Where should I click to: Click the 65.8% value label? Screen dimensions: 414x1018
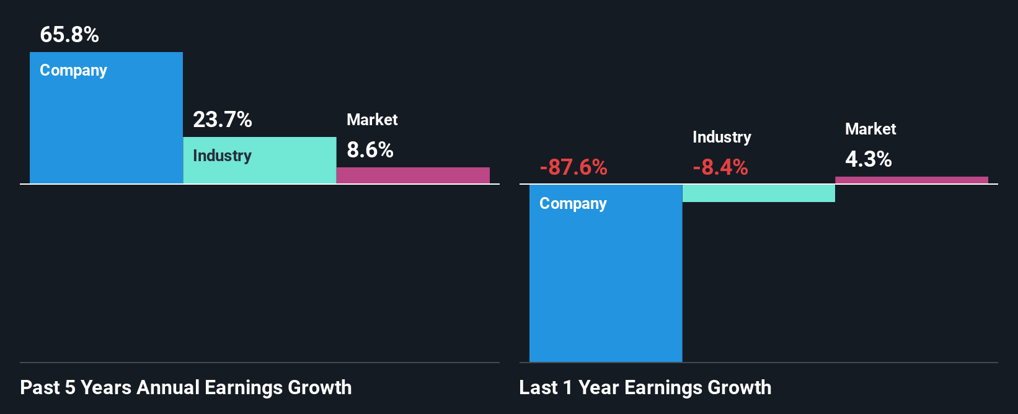point(69,35)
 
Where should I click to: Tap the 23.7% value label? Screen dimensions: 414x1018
point(222,120)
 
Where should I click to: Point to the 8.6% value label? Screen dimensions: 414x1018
point(370,150)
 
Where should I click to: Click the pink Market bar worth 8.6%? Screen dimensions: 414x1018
point(413,175)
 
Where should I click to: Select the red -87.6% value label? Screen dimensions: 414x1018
point(573,167)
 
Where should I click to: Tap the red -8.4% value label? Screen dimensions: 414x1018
point(720,167)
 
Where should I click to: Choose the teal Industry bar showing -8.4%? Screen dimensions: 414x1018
point(758,193)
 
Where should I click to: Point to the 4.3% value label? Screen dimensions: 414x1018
point(868,159)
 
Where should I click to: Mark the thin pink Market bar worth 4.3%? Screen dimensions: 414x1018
point(911,180)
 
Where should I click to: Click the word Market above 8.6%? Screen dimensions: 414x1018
point(372,120)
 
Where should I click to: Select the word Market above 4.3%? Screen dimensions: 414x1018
point(870,129)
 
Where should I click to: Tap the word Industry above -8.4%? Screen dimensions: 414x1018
point(722,137)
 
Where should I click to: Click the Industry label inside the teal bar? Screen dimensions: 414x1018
point(222,156)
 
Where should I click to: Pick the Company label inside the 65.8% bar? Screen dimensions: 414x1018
point(73,71)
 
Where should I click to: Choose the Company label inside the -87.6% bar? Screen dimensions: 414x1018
point(573,204)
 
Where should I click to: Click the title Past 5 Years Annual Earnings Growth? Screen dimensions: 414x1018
point(186,388)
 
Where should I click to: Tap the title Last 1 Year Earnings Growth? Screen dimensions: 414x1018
point(645,388)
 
